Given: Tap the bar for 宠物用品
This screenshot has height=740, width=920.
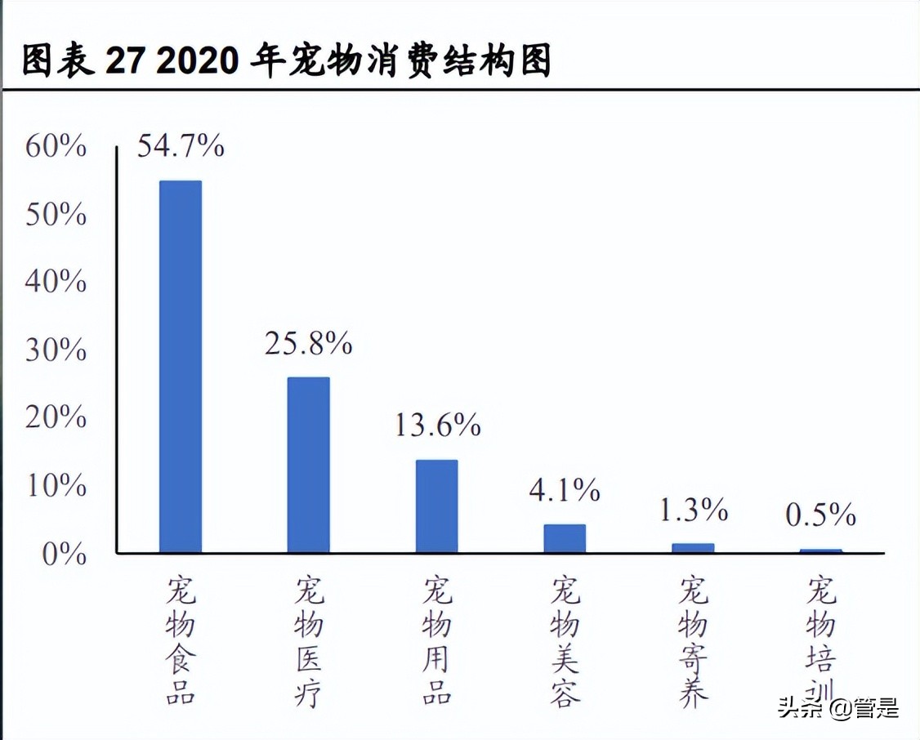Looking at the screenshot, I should click(x=436, y=506).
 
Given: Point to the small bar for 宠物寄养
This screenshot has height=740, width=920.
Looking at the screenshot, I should click(x=693, y=547).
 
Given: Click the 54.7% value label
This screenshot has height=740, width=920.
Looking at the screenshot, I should click(x=180, y=146).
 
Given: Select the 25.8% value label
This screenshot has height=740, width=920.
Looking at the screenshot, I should click(x=308, y=344).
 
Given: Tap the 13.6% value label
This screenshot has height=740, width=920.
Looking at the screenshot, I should click(x=437, y=425).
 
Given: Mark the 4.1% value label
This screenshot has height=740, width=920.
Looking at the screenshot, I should click(x=565, y=490).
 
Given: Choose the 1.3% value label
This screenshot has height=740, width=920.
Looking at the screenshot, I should click(x=693, y=510).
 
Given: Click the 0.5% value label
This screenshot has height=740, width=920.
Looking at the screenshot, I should click(x=820, y=515).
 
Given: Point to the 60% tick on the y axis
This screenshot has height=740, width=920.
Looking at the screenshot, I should click(x=56, y=147).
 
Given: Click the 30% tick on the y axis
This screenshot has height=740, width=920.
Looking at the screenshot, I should click(x=56, y=350).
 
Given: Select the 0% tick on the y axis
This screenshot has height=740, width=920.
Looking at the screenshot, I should click(x=64, y=554).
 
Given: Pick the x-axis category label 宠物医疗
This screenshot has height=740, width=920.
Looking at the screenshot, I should click(x=308, y=641).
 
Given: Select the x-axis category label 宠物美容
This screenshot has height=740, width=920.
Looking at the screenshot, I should click(x=565, y=641).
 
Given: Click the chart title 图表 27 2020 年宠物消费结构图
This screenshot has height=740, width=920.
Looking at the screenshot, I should click(x=286, y=60).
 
